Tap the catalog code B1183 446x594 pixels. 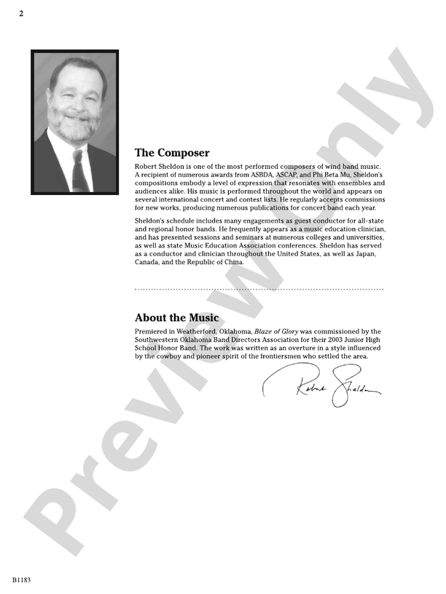click(21, 580)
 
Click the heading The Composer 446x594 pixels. click(172, 154)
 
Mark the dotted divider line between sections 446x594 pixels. click(259, 290)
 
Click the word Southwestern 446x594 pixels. click(162, 340)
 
